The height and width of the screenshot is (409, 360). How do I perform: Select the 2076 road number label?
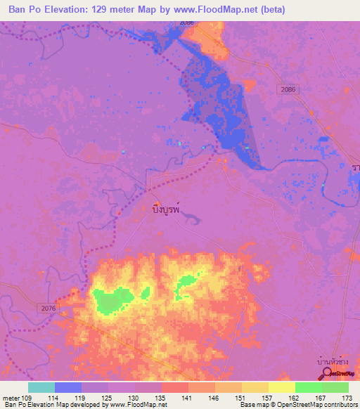click(x=49, y=307)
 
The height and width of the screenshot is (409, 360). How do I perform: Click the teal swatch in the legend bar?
click(x=41, y=387)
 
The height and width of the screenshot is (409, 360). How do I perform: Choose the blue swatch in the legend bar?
click(x=68, y=387)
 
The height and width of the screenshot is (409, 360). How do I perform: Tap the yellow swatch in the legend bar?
click(x=281, y=387)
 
